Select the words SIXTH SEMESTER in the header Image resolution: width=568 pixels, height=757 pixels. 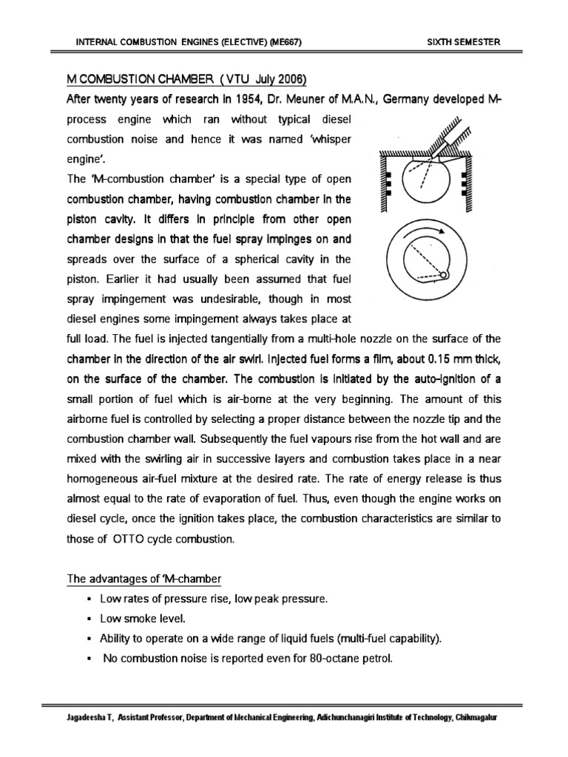click(464, 42)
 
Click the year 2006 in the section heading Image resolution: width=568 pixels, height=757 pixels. click(290, 80)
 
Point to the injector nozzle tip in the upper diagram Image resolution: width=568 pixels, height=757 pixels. click(435, 157)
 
